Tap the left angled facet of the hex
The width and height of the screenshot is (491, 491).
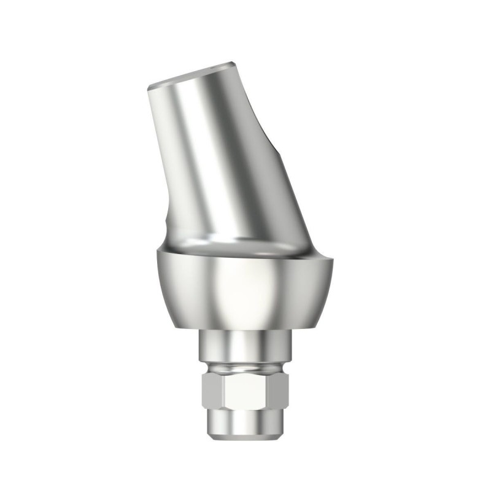click(212, 393)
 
